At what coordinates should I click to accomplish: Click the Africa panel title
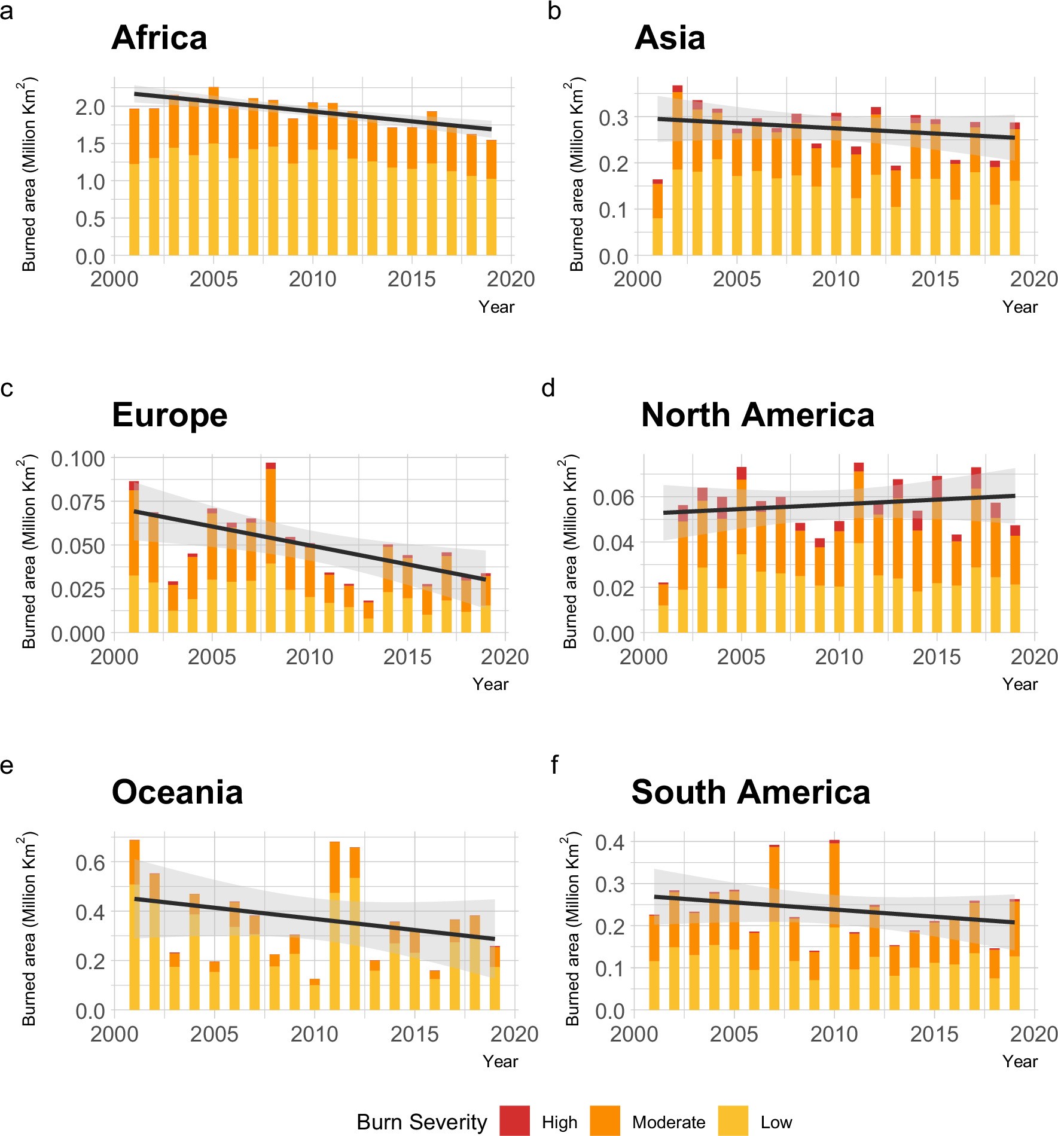pos(159,38)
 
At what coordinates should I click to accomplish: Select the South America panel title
pos(750,792)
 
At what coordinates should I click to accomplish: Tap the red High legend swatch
pos(514,1121)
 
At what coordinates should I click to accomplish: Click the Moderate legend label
pos(668,1122)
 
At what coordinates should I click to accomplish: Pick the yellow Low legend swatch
pos(733,1121)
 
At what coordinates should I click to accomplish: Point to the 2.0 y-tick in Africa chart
pos(90,108)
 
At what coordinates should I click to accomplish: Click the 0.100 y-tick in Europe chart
pos(78,459)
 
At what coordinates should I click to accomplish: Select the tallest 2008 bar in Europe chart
pos(270,547)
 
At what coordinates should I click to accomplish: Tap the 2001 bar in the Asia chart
pos(657,218)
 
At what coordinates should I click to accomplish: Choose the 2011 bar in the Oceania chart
pos(334,927)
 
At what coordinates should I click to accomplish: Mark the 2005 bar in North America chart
pos(741,550)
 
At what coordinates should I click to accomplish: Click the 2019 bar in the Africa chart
pos(491,198)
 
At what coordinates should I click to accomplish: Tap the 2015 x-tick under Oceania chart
pos(414,1034)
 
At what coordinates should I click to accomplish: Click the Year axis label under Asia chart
pos(1020,307)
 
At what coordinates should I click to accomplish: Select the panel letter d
pos(548,388)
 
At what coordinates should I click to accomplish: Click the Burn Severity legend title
pos(422,1122)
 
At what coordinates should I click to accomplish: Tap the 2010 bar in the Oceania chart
pos(314,995)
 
